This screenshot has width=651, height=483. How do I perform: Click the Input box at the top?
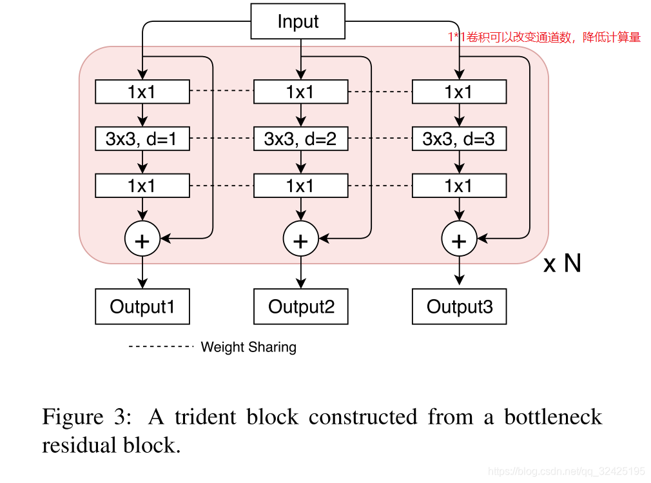pyautogui.click(x=297, y=22)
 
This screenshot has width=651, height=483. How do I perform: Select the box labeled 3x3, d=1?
pyautogui.click(x=142, y=139)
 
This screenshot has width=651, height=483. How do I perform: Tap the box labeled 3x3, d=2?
pyautogui.click(x=300, y=139)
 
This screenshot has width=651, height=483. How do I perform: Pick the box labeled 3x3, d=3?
pyautogui.click(x=458, y=139)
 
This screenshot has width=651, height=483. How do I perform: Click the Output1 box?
pyautogui.click(x=142, y=306)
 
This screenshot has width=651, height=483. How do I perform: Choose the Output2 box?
pyautogui.click(x=300, y=306)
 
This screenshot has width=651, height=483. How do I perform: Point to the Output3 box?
pyautogui.click(x=459, y=306)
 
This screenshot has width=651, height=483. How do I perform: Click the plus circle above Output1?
pyautogui.click(x=142, y=239)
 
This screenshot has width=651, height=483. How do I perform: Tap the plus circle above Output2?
pyautogui.click(x=300, y=239)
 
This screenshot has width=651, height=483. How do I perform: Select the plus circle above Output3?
pyautogui.click(x=459, y=239)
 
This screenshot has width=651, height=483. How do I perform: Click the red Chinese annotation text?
pyautogui.click(x=544, y=37)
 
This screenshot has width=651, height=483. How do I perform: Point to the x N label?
pyautogui.click(x=562, y=263)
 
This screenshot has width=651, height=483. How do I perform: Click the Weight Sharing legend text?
pyautogui.click(x=248, y=347)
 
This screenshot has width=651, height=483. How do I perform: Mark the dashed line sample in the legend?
pyautogui.click(x=161, y=347)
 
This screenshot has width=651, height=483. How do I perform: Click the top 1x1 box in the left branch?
pyautogui.click(x=142, y=92)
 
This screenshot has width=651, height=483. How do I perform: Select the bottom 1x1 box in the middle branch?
pyautogui.click(x=300, y=186)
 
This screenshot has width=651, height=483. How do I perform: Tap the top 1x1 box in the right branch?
pyautogui.click(x=458, y=92)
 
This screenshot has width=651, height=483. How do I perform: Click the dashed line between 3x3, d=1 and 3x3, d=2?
pyautogui.click(x=221, y=139)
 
